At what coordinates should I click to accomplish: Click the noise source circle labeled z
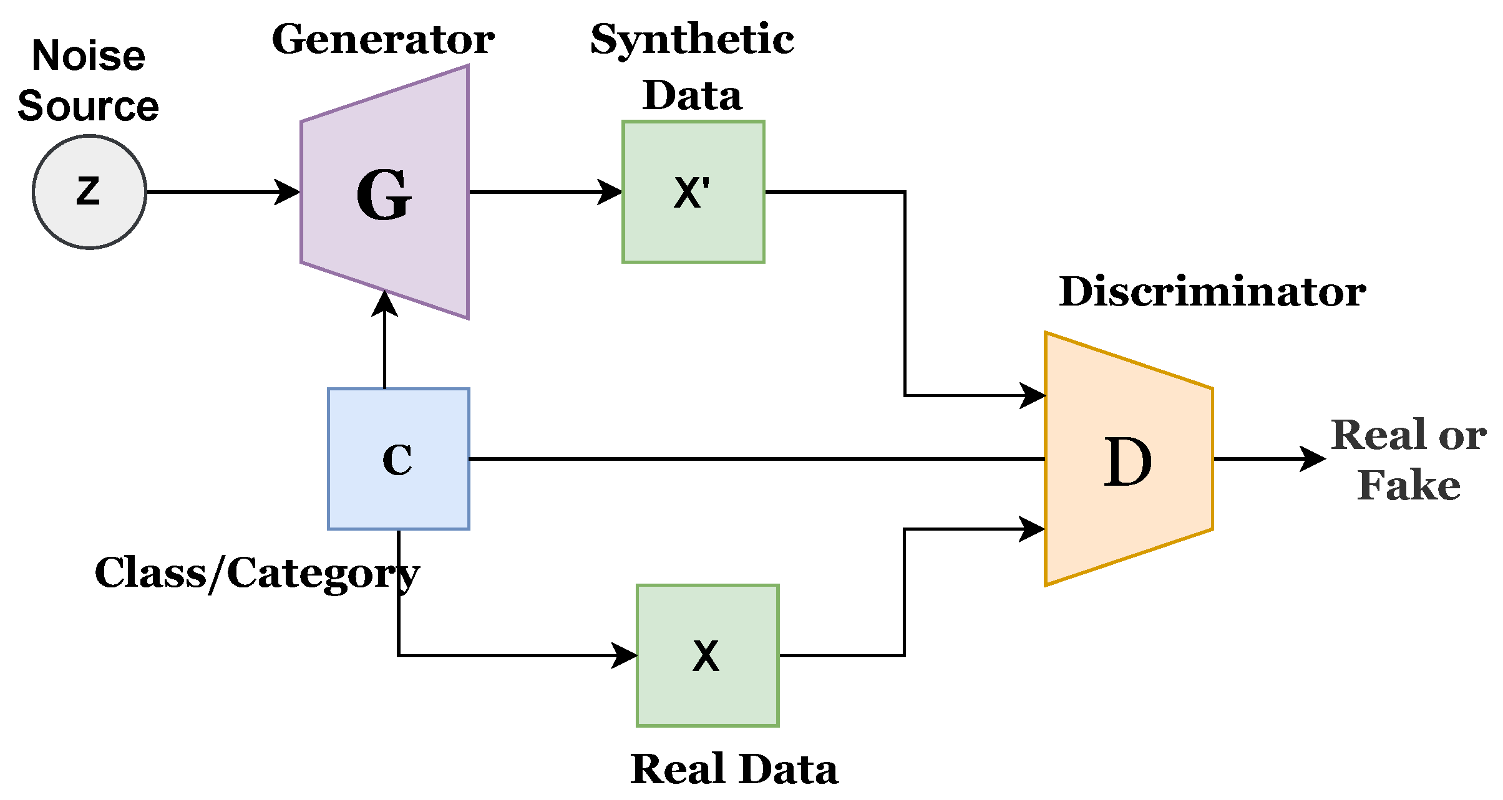[89, 192]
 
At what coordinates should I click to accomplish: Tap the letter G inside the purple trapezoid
[384, 196]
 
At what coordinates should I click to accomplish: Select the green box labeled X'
[693, 192]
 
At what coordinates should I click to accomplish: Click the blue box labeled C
[399, 459]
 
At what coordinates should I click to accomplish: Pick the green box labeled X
[708, 655]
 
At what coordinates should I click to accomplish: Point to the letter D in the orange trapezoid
[1127, 462]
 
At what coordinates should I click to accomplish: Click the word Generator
[383, 41]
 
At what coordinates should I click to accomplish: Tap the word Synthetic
[692, 41]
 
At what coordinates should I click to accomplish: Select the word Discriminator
[1212, 292]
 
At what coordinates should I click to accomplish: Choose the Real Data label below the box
[734, 769]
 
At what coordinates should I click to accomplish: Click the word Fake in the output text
[1409, 485]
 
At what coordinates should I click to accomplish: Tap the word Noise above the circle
[88, 55]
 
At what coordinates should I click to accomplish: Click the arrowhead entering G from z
[288, 192]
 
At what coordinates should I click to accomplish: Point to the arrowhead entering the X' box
[610, 192]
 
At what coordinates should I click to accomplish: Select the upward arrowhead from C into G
[384, 303]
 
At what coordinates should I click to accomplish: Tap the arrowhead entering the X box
[625, 655]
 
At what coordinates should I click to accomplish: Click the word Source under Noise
[88, 106]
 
